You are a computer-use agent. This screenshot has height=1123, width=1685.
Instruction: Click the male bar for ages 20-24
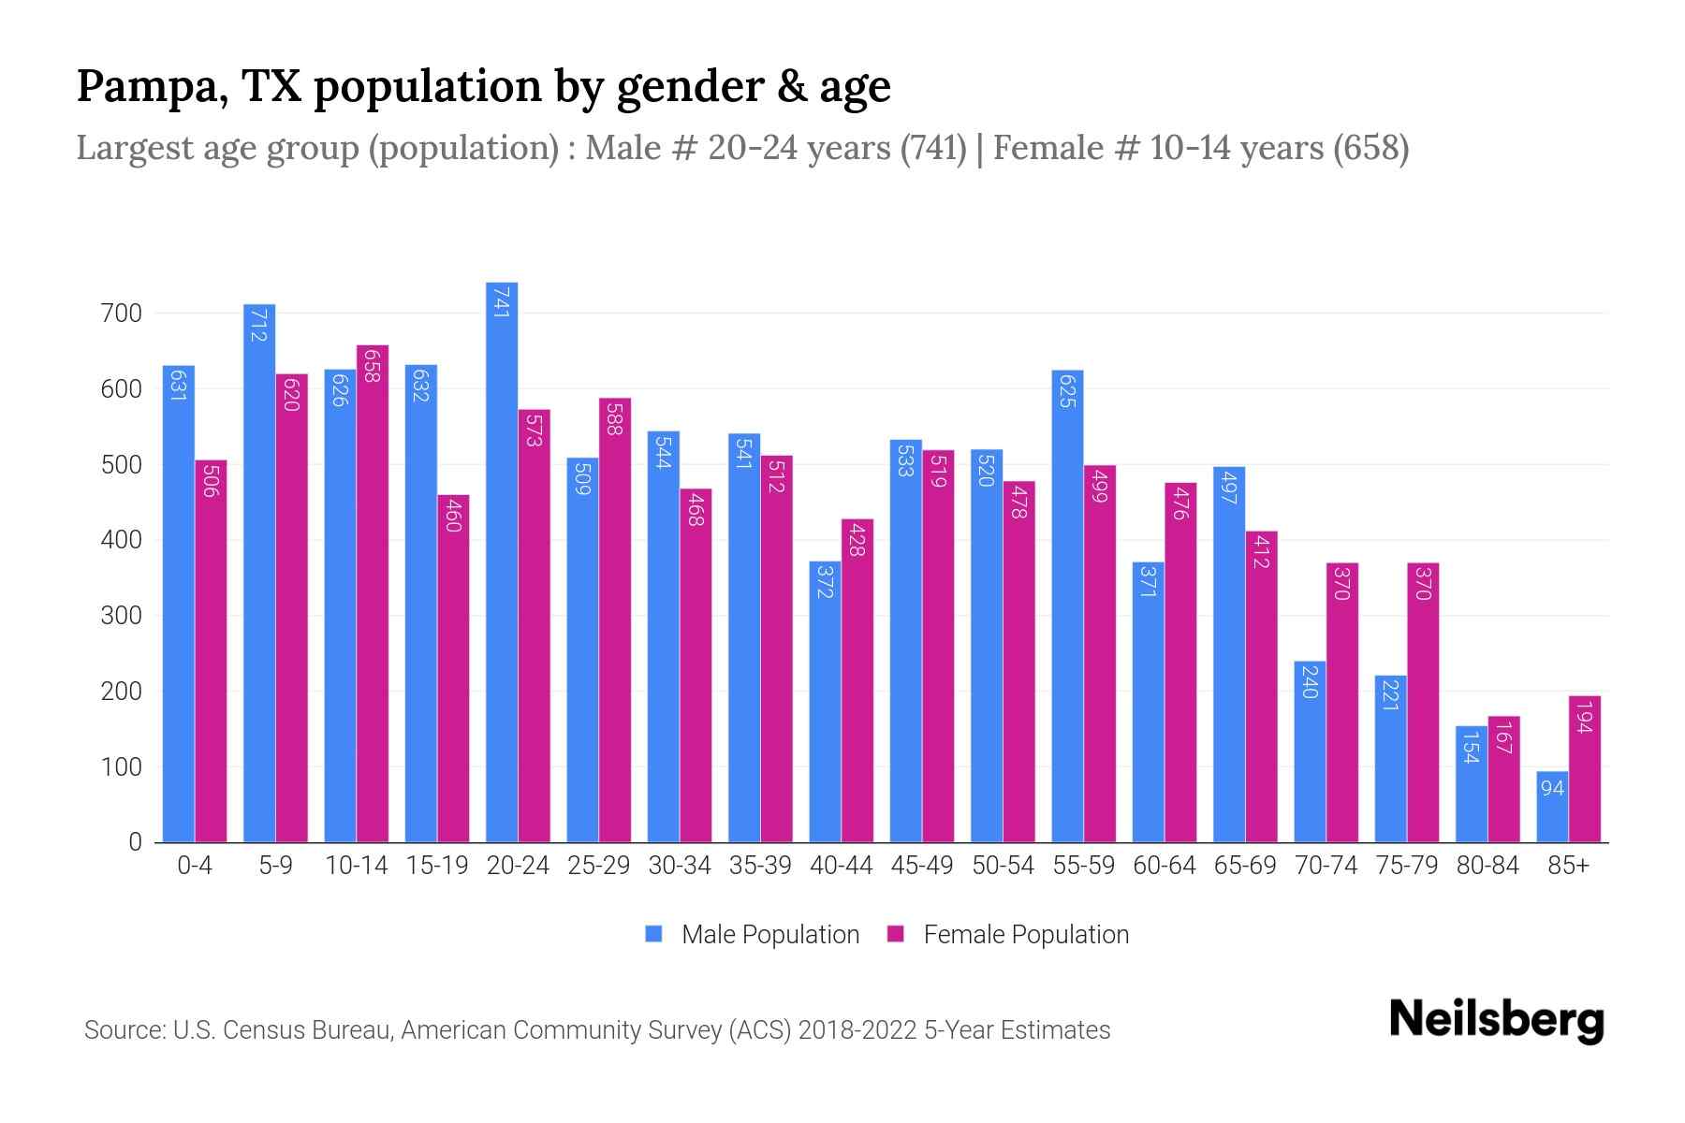point(502,561)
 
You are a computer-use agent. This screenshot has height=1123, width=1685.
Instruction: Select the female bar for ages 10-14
point(373,594)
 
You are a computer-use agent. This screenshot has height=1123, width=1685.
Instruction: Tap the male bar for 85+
point(1552,807)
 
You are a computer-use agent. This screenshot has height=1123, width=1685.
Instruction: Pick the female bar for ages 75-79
point(1423,702)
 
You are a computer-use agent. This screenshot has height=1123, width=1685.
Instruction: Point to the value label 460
point(453,516)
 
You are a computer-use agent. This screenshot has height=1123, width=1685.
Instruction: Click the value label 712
point(259,324)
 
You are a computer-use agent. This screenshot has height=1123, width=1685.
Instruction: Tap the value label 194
point(1584,717)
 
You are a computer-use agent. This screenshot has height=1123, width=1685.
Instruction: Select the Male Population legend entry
point(752,934)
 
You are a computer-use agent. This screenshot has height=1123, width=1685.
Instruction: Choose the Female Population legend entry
point(1008,934)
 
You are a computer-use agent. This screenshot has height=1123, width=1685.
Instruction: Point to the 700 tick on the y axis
point(121,314)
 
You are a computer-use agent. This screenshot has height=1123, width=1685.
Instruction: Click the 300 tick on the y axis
point(121,616)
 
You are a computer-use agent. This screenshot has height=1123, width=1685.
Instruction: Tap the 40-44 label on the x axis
point(841,866)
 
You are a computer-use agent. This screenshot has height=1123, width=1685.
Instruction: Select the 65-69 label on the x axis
point(1244,866)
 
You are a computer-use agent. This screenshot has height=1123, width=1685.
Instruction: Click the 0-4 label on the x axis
point(195,866)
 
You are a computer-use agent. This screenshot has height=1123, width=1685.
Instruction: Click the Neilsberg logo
point(1496,1020)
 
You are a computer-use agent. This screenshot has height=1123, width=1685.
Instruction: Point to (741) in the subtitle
point(932,148)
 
